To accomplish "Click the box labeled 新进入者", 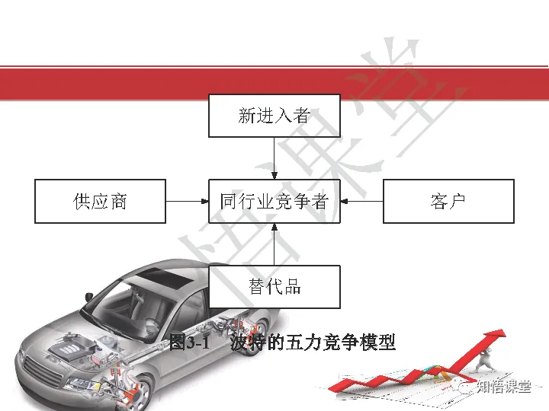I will tap(274, 116).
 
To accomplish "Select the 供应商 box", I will tap(100, 201).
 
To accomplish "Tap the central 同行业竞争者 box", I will tap(274, 201).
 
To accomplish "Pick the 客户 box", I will tap(448, 201).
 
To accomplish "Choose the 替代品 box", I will tap(274, 287).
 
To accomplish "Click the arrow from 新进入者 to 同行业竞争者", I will tap(274, 158).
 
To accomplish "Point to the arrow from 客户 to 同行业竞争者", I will tap(361, 201).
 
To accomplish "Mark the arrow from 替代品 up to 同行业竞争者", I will tap(274, 244).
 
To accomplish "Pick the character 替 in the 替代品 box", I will tap(256, 287).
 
